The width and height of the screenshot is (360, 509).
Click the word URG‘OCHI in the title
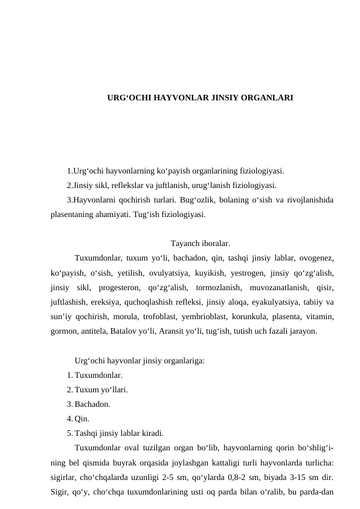[x=126, y=97]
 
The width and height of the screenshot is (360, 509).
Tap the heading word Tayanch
[x=185, y=244]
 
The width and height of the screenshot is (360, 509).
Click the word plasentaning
[x=73, y=214]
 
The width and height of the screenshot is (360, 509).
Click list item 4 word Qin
[x=82, y=419]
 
